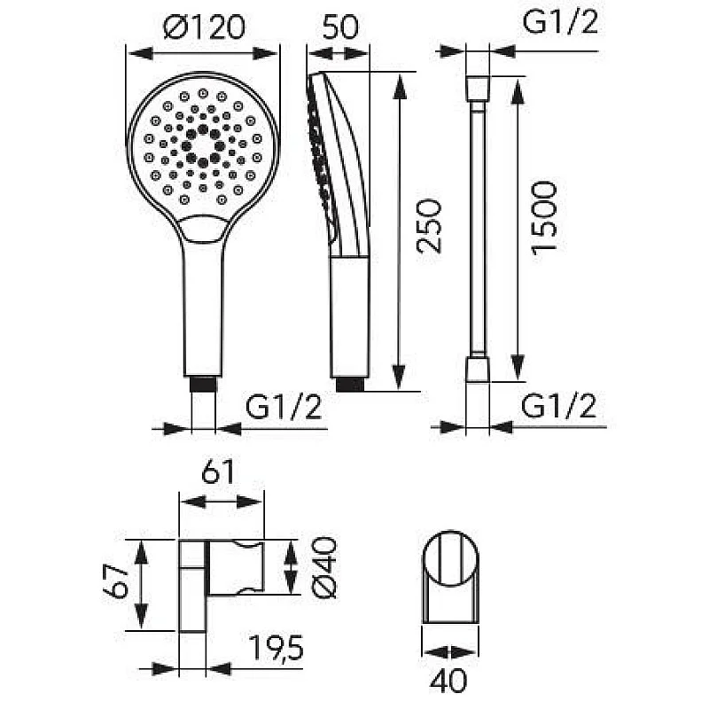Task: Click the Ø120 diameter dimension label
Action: (x=204, y=29)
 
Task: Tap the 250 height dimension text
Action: (x=429, y=226)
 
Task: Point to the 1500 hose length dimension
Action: (x=544, y=217)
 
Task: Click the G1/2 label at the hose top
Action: (x=560, y=21)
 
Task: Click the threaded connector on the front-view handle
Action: (x=204, y=386)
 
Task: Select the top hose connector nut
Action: (x=477, y=87)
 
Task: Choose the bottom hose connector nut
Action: (x=477, y=370)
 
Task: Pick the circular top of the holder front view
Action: (x=451, y=561)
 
